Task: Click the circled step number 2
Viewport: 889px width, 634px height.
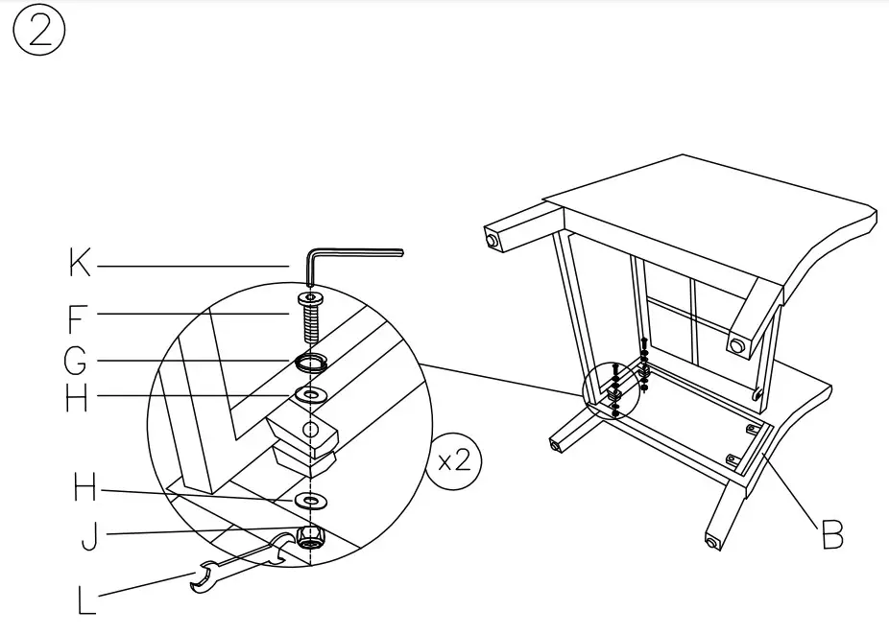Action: click(39, 34)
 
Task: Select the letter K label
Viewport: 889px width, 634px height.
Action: click(80, 263)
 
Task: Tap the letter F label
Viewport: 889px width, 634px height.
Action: click(80, 317)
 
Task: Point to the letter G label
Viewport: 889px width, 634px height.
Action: click(77, 363)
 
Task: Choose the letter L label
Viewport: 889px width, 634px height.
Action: click(87, 600)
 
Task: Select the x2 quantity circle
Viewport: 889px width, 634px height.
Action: click(453, 461)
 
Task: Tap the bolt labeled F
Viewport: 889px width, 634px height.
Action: click(311, 317)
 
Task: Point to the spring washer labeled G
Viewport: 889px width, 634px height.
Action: click(311, 363)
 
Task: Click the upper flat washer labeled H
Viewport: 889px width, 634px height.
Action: click(311, 394)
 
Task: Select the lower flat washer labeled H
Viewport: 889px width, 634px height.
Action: click(311, 501)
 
